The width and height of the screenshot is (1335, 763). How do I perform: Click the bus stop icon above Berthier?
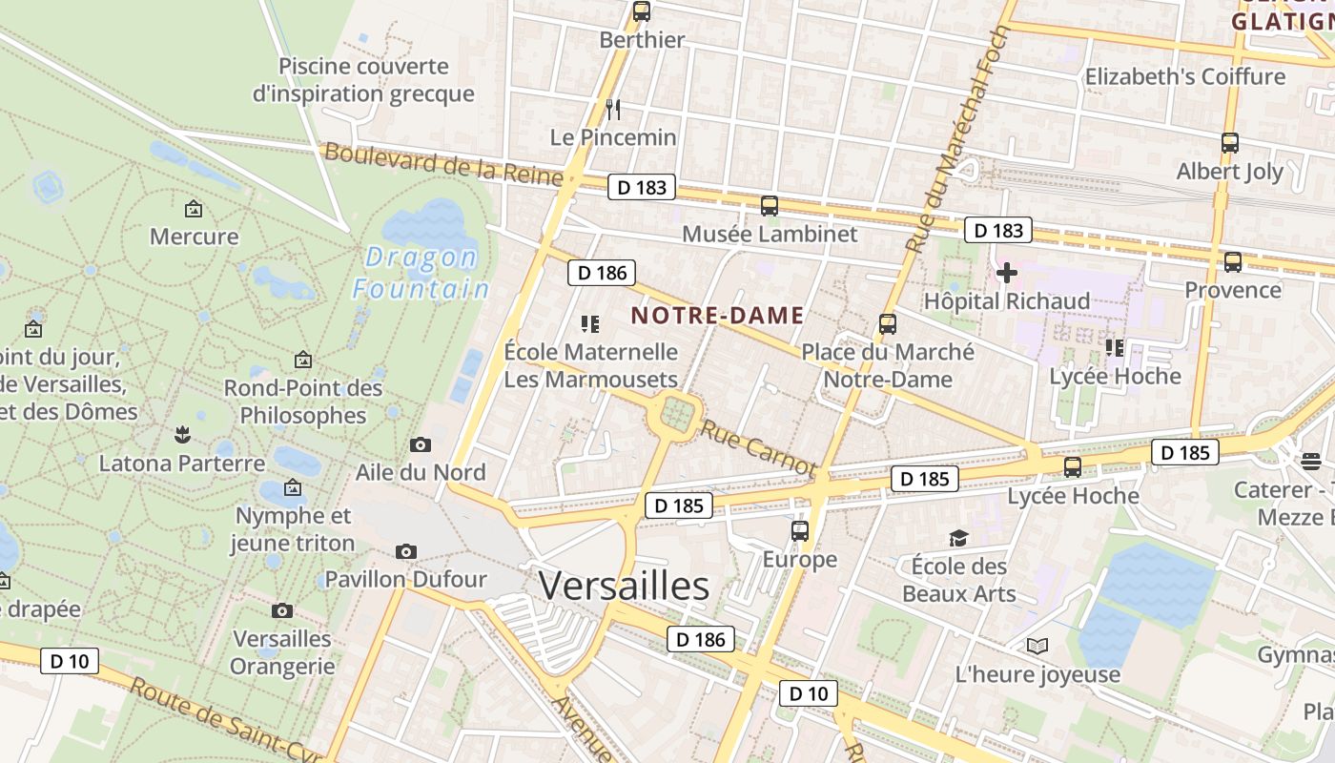(x=642, y=11)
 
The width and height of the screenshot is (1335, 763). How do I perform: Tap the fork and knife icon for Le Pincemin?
(x=613, y=109)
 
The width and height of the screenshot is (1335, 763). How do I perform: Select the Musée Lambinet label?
(x=770, y=234)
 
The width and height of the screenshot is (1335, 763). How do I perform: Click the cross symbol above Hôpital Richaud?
(x=1006, y=274)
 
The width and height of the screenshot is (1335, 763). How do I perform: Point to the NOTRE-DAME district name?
(x=718, y=316)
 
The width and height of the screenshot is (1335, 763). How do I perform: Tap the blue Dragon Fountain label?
(x=421, y=273)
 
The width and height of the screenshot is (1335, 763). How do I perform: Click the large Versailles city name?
(x=624, y=586)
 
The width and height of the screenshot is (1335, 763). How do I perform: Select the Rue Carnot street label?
(x=758, y=448)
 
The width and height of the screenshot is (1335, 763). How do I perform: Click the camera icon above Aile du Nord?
(x=420, y=444)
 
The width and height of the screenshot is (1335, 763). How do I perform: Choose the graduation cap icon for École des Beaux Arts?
(x=958, y=539)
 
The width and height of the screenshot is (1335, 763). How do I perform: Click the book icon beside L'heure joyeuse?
(x=1037, y=647)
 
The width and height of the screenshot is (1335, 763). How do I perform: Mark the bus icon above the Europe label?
(x=800, y=531)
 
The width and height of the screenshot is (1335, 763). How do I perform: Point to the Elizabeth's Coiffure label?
(x=1185, y=76)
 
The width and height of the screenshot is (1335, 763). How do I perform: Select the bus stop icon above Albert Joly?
(x=1230, y=143)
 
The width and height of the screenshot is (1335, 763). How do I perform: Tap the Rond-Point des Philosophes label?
(x=303, y=402)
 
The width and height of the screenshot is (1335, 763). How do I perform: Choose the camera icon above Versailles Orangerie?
(x=282, y=610)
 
